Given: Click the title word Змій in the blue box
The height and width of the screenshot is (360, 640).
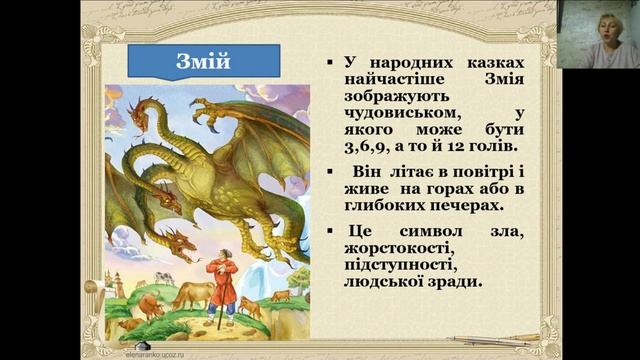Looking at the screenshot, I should click(x=203, y=62).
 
